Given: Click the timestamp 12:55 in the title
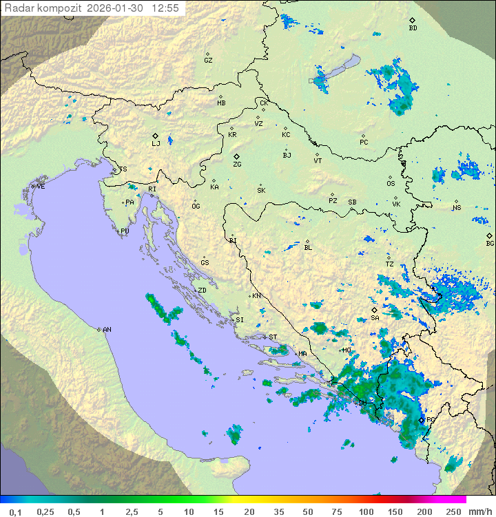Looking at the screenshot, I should coord(165,8).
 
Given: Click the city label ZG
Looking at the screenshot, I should coord(237,165).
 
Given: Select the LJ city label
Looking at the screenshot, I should coord(156,143).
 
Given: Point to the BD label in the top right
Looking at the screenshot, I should coord(413,28).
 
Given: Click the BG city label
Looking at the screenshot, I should coord(490,243).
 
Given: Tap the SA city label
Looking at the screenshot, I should coord(375,318).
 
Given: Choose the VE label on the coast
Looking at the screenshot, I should coord(41,187).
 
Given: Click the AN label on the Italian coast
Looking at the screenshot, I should coord(107,330).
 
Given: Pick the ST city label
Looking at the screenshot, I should coord(273,337).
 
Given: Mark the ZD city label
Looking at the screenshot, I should coord(202,291).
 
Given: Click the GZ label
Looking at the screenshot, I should coord(208,61).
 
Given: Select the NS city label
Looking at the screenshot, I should coord(457,209).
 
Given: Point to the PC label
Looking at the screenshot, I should coord(364,143).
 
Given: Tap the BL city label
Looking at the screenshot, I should coord(308,248).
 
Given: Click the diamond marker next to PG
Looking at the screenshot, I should coord(422,419).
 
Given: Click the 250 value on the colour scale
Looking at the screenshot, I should coord(453,511).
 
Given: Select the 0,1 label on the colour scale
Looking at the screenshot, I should coord(15,511).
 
